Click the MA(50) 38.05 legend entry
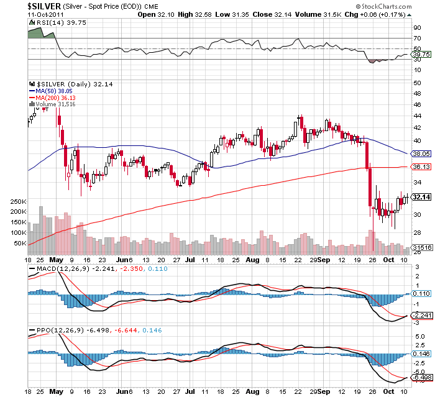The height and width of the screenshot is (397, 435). tap(54, 90)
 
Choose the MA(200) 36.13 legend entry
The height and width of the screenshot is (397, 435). tap(56, 98)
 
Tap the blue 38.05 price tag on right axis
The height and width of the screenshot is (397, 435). tap(421, 153)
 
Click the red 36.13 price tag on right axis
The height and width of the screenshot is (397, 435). tap(421, 167)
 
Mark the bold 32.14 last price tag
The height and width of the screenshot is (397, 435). tap(421, 197)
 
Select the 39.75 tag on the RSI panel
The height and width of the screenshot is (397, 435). tap(420, 54)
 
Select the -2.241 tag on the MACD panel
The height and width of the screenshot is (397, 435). tap(420, 315)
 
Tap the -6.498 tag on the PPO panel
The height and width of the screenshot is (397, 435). tap(420, 377)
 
